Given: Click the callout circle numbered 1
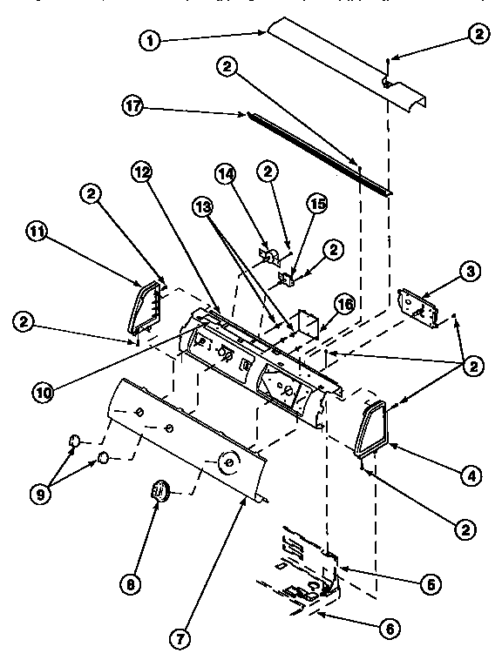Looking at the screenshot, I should click(150, 40).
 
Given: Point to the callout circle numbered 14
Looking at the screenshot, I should click(226, 173).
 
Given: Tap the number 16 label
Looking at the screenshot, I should click(345, 304).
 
